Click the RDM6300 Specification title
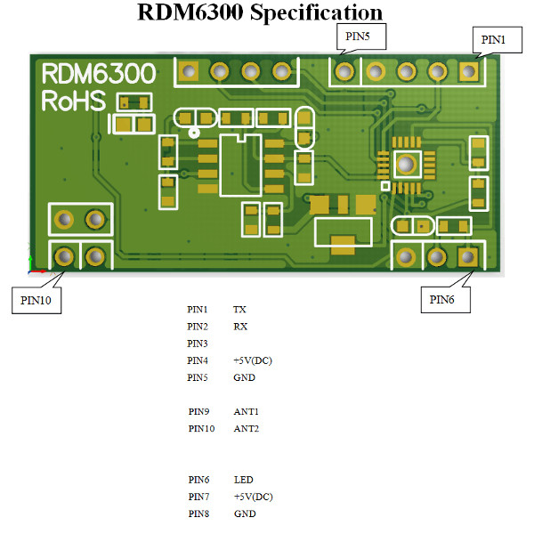click(261, 12)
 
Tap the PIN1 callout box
click(492, 40)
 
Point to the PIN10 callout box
click(36, 299)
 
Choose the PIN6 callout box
click(442, 300)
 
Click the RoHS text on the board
click(74, 101)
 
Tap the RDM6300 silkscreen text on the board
click(98, 74)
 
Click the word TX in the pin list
click(239, 310)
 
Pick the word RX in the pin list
click(240, 327)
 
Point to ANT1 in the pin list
click(247, 412)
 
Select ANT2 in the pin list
click(247, 429)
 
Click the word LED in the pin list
click(243, 480)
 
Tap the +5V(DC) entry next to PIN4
click(253, 360)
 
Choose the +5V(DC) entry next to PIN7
click(253, 497)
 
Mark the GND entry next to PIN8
click(244, 514)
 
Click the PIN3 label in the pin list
click(198, 344)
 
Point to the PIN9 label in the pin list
click(198, 412)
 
